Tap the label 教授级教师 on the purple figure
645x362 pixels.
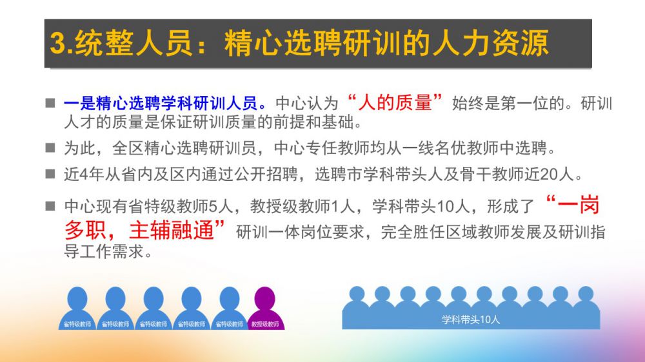[x=265, y=324]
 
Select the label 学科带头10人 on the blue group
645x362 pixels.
[x=471, y=319]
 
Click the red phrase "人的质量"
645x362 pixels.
[x=395, y=102]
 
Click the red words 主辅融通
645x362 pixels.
[x=172, y=230]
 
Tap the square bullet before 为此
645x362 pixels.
[x=50, y=148]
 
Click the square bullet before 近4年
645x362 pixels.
[x=50, y=174]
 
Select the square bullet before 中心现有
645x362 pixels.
[x=50, y=205]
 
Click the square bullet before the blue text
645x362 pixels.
[x=50, y=102]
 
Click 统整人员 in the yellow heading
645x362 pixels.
[x=134, y=43]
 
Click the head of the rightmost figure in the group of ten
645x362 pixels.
[x=586, y=293]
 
